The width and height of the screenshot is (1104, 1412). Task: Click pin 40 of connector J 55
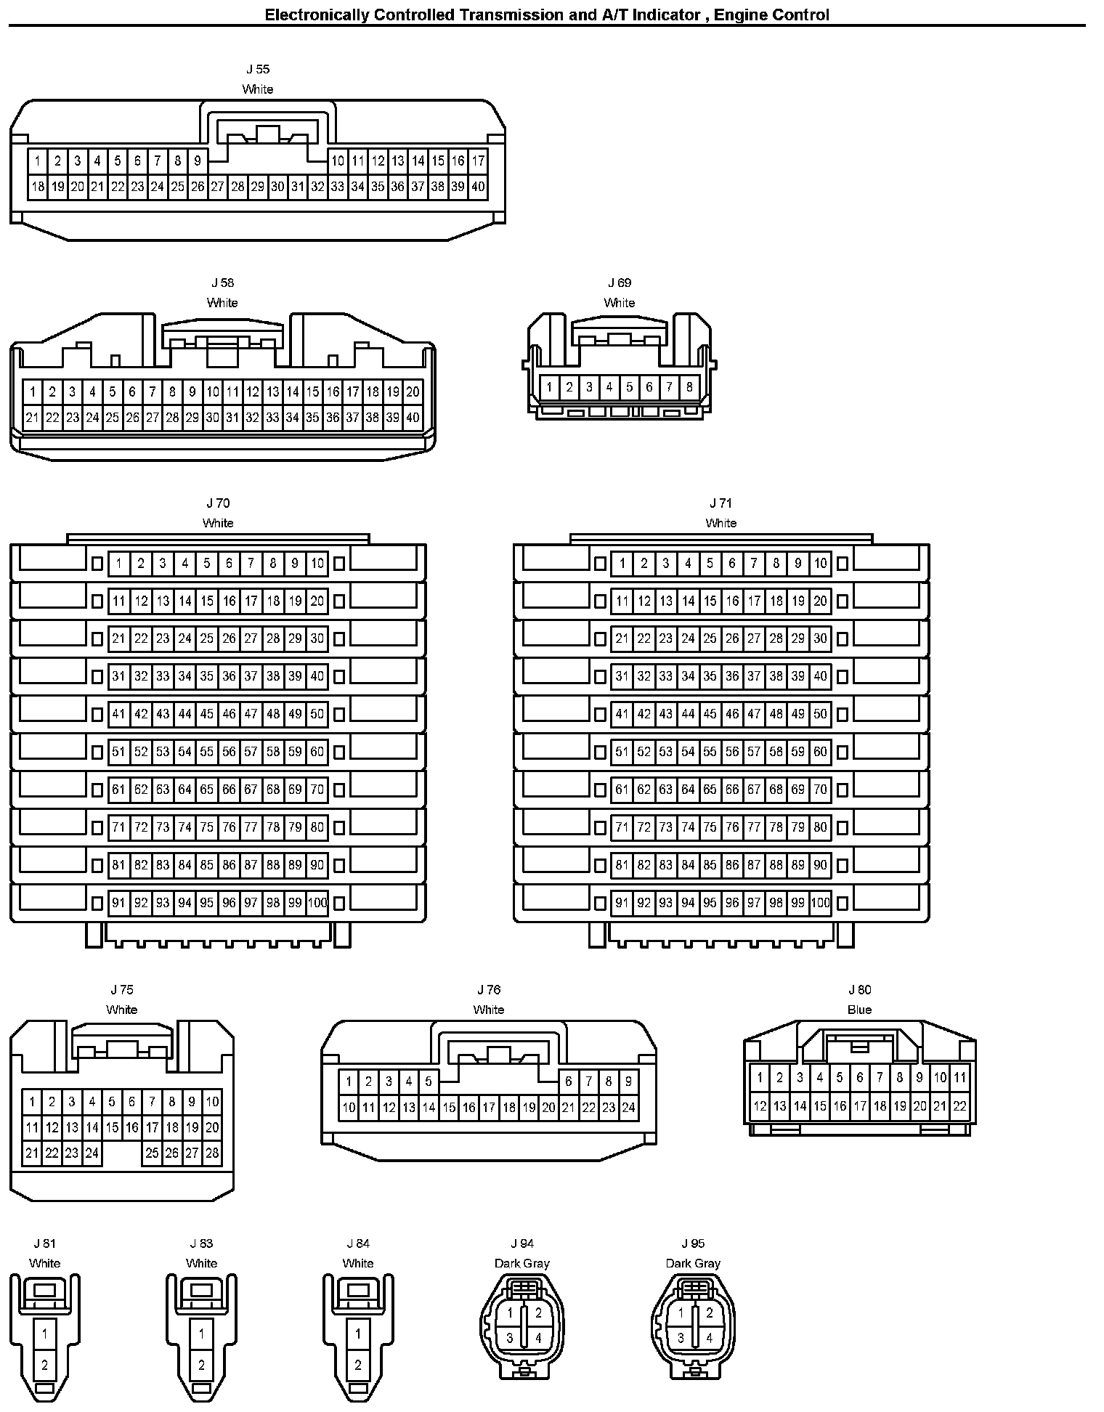coord(477,187)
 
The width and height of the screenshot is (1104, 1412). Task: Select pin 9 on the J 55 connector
coord(197,161)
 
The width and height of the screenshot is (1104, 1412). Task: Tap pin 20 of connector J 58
coord(413,392)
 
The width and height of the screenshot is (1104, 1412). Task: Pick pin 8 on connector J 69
coord(689,387)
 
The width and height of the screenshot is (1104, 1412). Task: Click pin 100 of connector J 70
coord(317,903)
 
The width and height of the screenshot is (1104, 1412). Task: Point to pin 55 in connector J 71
coord(710,752)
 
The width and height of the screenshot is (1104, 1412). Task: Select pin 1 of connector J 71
coord(622,563)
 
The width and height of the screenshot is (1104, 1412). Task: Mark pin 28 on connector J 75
coord(212,1153)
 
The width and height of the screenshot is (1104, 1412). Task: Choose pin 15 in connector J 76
coord(449,1108)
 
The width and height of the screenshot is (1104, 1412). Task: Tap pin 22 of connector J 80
coord(959,1106)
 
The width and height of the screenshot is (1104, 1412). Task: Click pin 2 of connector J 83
coord(201,1366)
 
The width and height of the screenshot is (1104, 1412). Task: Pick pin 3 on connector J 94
coord(510,1338)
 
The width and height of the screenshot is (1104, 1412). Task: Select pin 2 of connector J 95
coord(709,1312)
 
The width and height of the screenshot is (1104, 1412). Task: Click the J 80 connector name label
coord(859,990)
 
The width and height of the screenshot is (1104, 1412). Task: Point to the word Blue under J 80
coord(859,1010)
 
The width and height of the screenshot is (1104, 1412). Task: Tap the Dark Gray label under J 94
coord(521,1263)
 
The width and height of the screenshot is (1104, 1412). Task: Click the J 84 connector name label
coord(358,1243)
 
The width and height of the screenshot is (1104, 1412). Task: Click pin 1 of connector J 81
coord(45,1334)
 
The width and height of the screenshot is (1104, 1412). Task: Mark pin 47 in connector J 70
coord(251,714)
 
